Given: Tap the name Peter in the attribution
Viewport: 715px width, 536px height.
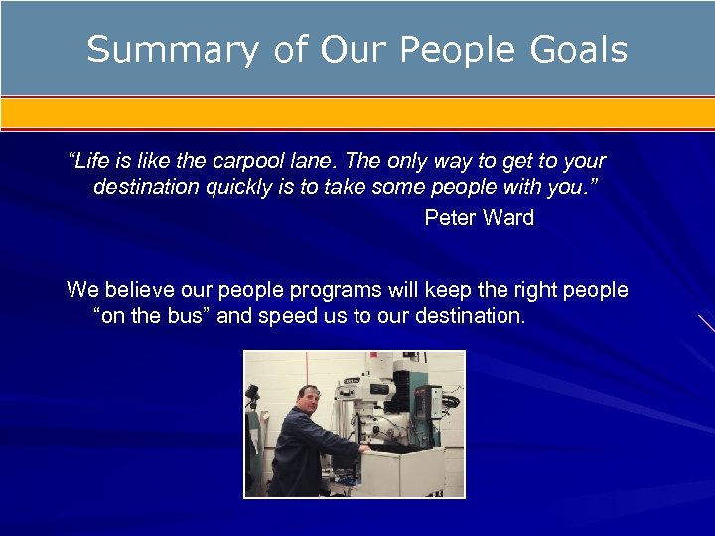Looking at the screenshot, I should point(450,218).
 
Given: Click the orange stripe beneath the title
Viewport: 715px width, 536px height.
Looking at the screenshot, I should point(357,112).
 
